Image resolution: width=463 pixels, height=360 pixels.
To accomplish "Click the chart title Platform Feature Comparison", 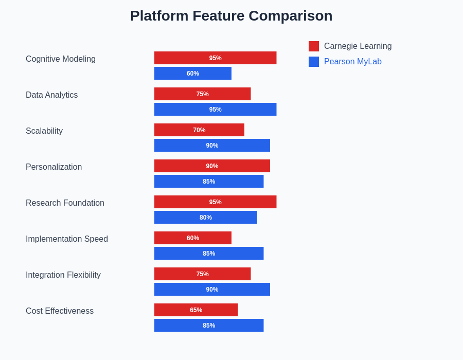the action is click(231, 15).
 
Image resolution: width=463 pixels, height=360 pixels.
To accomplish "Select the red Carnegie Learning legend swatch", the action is click(314, 46).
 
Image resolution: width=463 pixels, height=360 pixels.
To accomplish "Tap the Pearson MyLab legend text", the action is click(352, 61).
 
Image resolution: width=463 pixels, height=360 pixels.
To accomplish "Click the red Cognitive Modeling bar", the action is click(215, 58).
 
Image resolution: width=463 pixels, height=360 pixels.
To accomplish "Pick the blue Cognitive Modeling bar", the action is click(193, 73).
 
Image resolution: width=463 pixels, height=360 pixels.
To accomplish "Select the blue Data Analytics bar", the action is click(215, 109).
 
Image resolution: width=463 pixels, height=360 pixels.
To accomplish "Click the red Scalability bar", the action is click(199, 130).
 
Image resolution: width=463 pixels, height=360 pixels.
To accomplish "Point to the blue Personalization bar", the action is click(209, 181).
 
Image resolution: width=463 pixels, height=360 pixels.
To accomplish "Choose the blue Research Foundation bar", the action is click(205, 217).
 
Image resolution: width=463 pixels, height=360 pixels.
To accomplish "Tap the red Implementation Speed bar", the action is click(193, 238).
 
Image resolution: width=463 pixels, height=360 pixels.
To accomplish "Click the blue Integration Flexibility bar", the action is click(212, 289).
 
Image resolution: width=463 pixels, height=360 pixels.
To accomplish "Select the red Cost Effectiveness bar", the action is click(196, 310).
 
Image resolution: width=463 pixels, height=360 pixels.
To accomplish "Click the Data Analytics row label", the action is click(51, 95).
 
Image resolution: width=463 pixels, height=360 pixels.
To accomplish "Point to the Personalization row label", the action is click(54, 167).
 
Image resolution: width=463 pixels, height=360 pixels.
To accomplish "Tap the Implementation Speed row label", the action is click(67, 239).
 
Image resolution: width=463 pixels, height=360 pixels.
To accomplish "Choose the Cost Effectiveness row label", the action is click(60, 311).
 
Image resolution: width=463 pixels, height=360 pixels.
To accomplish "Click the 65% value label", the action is click(196, 310).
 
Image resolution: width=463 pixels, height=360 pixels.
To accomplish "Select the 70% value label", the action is click(199, 130).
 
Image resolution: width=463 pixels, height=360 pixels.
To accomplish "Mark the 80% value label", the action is click(205, 217).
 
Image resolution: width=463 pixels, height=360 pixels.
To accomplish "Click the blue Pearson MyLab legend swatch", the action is click(314, 62).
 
